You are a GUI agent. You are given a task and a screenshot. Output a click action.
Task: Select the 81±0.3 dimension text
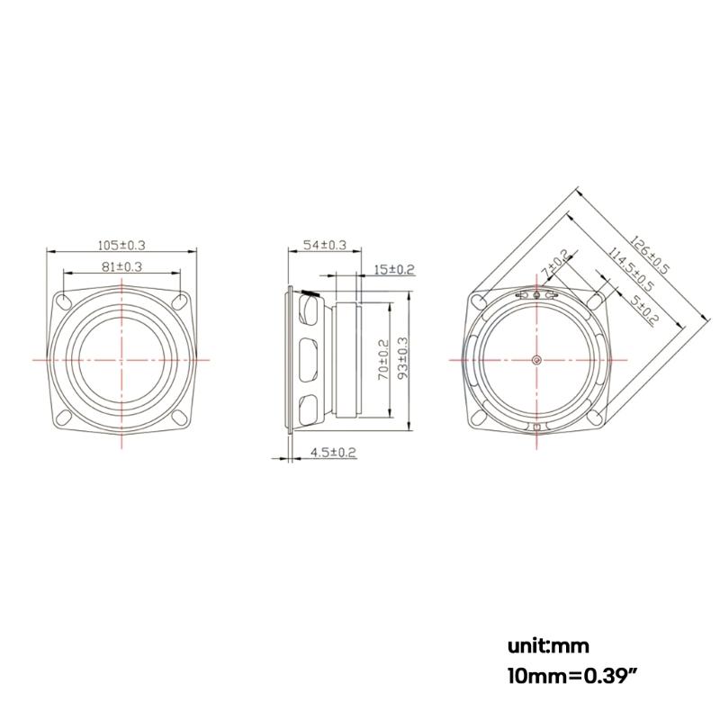pyautogui.click(x=121, y=266)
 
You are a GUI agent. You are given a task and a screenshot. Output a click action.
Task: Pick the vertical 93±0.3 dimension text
pyautogui.click(x=402, y=359)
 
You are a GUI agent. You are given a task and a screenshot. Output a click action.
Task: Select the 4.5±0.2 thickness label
pyautogui.click(x=333, y=452)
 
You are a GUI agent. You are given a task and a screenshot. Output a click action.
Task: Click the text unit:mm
pyautogui.click(x=547, y=645)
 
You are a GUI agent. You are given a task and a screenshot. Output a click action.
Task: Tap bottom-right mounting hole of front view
pyautogui.click(x=178, y=417)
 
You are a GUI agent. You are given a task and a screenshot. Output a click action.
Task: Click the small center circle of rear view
pyautogui.click(x=536, y=360)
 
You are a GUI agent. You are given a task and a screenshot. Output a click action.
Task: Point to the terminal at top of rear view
pyautogui.click(x=536, y=295)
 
